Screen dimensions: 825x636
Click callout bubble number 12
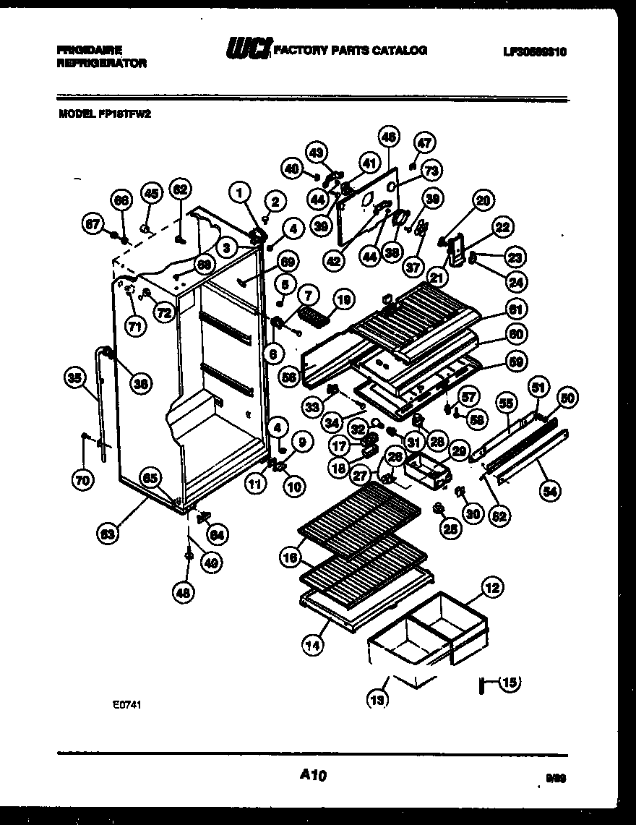(x=491, y=589)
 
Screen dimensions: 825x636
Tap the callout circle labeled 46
(x=388, y=136)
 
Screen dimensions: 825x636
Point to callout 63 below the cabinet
(x=108, y=535)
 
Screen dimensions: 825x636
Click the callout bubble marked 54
(x=551, y=491)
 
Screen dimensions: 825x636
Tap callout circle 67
(x=93, y=225)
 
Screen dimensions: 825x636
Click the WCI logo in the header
(x=248, y=49)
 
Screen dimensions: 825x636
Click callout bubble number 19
(x=343, y=298)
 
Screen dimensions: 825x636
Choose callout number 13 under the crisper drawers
(x=378, y=698)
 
